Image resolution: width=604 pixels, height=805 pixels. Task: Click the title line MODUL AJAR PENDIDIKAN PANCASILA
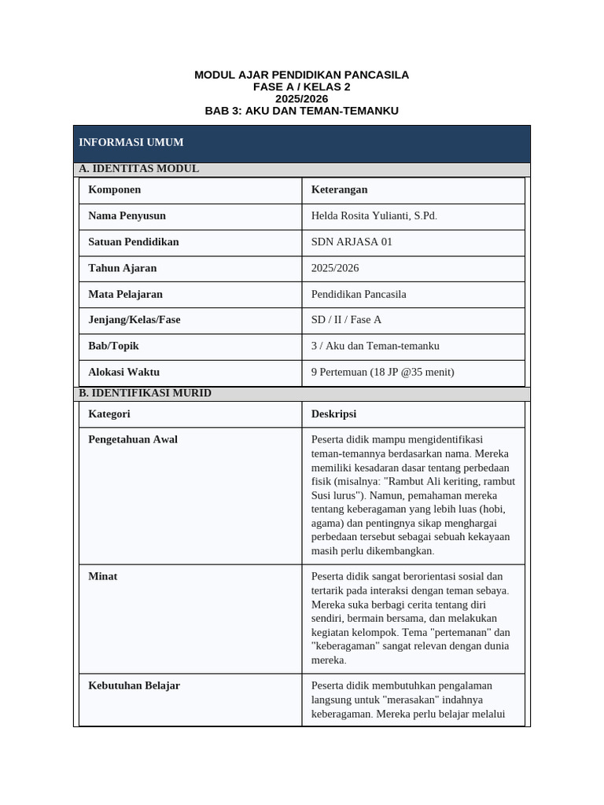[301, 75]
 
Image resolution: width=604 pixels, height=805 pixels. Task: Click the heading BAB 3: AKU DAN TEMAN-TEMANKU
[301, 111]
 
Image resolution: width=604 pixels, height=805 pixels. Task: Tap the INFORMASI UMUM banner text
[131, 142]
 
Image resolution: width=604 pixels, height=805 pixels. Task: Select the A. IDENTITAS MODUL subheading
[138, 168]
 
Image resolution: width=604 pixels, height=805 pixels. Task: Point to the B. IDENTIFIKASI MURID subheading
[145, 393]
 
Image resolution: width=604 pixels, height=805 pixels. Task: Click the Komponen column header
[115, 189]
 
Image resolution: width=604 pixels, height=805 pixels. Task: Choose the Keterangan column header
[339, 189]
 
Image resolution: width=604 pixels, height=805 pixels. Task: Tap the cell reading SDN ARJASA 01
[352, 241]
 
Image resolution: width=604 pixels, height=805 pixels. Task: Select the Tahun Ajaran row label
[123, 268]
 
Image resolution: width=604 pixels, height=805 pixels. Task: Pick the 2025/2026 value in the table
[335, 268]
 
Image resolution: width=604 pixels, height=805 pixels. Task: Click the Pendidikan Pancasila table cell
[359, 294]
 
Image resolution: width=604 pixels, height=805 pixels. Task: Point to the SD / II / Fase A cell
[346, 320]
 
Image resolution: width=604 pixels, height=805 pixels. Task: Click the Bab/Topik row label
[114, 346]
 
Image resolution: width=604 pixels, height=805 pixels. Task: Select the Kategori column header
[109, 414]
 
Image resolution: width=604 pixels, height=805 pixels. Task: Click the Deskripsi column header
[333, 414]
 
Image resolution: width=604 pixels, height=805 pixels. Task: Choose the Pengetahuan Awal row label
[133, 439]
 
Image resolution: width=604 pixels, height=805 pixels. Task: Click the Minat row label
[103, 576]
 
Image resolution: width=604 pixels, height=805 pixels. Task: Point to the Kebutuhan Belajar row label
[134, 686]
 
